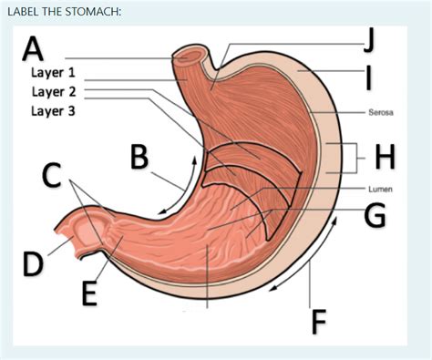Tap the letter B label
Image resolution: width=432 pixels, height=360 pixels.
[139, 157]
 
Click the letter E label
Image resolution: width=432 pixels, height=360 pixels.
[88, 293]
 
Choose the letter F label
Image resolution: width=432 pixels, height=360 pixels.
[318, 321]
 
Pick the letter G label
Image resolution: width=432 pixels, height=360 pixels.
[374, 215]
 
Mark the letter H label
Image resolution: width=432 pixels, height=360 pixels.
[385, 157]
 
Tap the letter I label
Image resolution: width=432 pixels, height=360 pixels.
[368, 75]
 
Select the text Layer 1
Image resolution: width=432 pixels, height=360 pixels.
[54, 72]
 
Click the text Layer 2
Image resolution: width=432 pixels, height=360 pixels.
[54, 91]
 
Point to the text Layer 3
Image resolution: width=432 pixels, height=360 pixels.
[54, 111]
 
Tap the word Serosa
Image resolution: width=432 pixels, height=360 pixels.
[380, 114]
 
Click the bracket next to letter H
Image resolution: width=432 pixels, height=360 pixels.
[347, 157]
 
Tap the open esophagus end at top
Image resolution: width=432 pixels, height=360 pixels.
[192, 56]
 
